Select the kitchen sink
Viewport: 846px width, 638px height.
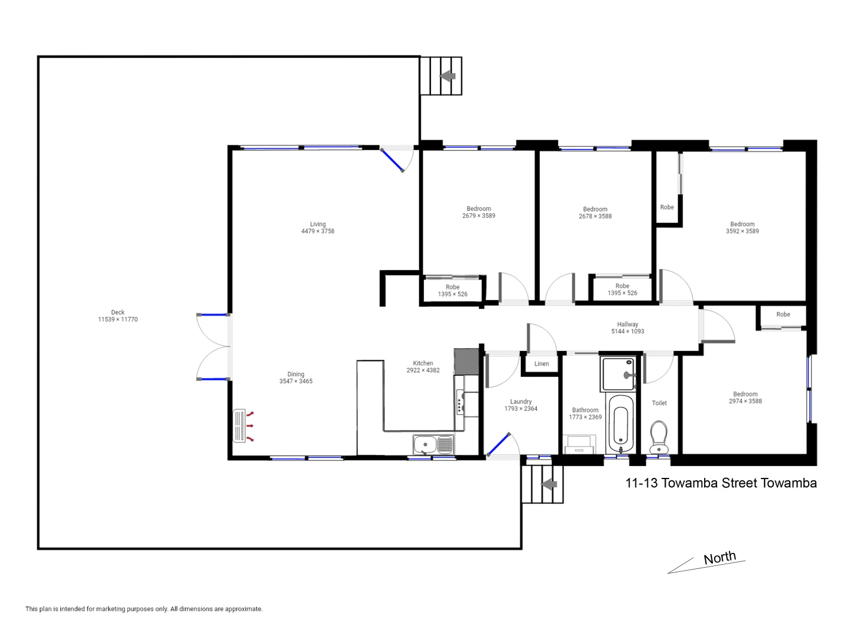pyautogui.click(x=433, y=444)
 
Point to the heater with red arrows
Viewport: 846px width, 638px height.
pyautogui.click(x=239, y=425)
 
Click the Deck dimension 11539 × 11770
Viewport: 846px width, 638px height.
pyautogui.click(x=118, y=320)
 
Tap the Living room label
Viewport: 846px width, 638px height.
pyautogui.click(x=317, y=224)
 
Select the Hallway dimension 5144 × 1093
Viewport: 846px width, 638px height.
pyautogui.click(x=627, y=331)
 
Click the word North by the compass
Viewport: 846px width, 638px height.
pyautogui.click(x=719, y=558)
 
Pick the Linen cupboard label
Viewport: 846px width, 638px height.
pyautogui.click(x=542, y=364)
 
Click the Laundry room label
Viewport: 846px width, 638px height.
pyautogui.click(x=521, y=402)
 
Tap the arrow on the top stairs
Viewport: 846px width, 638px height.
pyautogui.click(x=448, y=76)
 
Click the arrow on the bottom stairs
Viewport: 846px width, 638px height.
pyautogui.click(x=549, y=484)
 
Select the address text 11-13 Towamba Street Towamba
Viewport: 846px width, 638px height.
pyautogui.click(x=721, y=483)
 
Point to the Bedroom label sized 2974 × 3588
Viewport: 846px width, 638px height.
pyautogui.click(x=745, y=394)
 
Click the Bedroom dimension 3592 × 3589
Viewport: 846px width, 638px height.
pyautogui.click(x=742, y=232)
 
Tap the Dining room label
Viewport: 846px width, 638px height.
pyautogui.click(x=296, y=374)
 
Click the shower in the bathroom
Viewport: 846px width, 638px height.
pyautogui.click(x=618, y=373)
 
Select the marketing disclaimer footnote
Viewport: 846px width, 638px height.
pyautogui.click(x=144, y=609)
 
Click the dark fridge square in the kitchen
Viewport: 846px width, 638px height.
pyautogui.click(x=466, y=361)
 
